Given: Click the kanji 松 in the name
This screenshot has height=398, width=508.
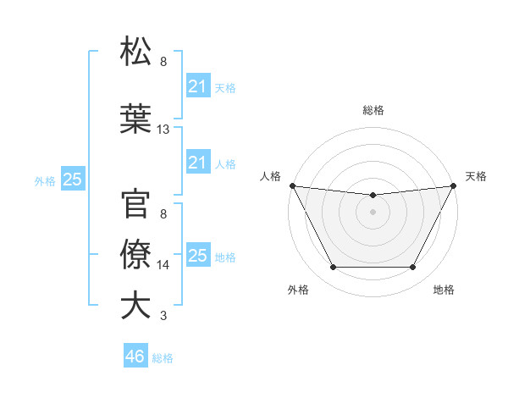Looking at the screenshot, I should tap(136, 52).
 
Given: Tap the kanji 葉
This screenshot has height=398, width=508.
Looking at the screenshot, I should tap(136, 119).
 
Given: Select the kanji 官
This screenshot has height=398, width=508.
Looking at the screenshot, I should tap(136, 204).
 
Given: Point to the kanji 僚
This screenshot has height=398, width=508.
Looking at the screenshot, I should tap(136, 255).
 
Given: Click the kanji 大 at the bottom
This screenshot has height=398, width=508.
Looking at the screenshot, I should tap(136, 306).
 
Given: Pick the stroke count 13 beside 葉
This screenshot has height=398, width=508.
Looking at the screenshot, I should tap(163, 130).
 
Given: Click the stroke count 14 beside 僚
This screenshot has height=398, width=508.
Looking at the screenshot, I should tap(163, 265).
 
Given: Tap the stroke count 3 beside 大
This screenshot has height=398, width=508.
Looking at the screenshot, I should tap(163, 316).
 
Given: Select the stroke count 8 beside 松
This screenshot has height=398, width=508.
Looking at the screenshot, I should tap(163, 62).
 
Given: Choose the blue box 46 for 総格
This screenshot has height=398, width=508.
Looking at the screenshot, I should tap(135, 357).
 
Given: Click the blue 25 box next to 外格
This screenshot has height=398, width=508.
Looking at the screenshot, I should tap(72, 180).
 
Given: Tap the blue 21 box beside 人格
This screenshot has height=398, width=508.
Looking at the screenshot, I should tap(197, 163).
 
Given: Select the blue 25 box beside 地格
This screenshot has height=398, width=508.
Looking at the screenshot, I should tap(197, 256).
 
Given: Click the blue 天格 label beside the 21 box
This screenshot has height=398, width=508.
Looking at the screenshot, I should tap(225, 87).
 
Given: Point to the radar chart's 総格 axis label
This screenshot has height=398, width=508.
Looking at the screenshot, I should tap(373, 110).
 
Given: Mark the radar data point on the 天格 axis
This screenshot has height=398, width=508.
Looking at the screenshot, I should tap(455, 185).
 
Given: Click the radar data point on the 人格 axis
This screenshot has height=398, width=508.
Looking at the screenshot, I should tap(292, 185).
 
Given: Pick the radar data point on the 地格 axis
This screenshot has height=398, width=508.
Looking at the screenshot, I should tap(413, 268).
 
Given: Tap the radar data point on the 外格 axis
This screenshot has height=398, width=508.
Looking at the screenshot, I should tap(333, 268).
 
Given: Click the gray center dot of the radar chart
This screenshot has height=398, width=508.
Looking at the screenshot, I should tap(373, 212).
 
